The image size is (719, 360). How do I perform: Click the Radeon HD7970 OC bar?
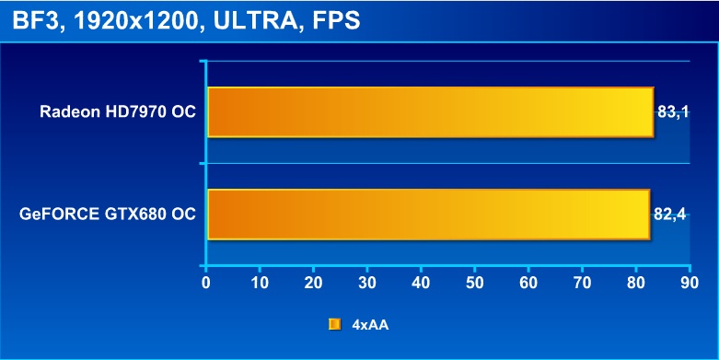[431, 112]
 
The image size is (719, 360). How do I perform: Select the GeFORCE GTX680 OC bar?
[429, 215]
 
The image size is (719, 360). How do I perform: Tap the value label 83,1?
[673, 112]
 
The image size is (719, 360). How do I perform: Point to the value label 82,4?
[669, 215]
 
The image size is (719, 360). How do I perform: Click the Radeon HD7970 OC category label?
[118, 112]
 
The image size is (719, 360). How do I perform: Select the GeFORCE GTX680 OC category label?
[108, 215]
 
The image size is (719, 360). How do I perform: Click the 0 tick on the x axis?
[206, 283]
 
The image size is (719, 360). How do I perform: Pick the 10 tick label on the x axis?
[260, 283]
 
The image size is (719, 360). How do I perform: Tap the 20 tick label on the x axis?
[313, 283]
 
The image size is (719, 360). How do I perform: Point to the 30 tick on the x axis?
[366, 283]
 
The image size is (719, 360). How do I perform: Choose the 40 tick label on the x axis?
[421, 283]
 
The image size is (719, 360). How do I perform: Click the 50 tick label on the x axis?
[474, 283]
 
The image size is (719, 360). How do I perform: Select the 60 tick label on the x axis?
[528, 283]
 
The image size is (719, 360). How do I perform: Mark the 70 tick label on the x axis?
[582, 283]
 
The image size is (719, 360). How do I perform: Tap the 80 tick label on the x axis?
[635, 283]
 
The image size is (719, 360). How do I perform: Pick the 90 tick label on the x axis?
[689, 283]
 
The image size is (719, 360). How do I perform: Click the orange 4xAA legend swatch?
[335, 325]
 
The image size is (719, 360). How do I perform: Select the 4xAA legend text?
[370, 325]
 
